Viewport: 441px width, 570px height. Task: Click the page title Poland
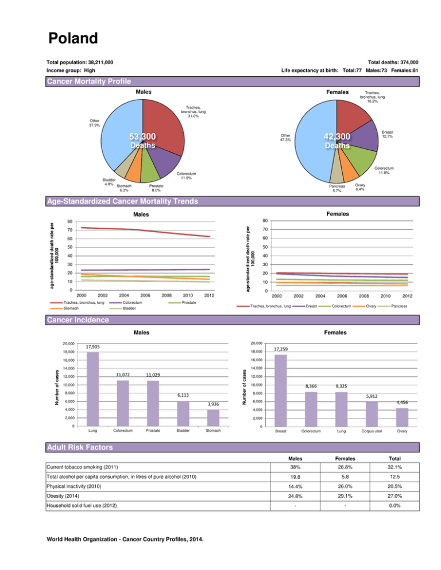click(x=73, y=38)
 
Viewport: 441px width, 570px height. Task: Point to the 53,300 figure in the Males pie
click(x=142, y=136)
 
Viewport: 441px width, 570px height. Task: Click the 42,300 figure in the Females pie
click(x=336, y=136)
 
